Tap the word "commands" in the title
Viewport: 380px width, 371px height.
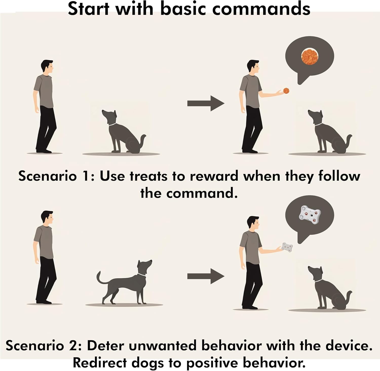[261, 9]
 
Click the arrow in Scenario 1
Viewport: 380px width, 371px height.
[206, 103]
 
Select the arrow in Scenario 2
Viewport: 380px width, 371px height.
[206, 276]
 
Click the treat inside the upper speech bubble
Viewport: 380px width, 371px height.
[310, 56]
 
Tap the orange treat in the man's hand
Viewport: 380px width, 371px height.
[286, 91]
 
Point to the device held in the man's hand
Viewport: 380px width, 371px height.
[287, 247]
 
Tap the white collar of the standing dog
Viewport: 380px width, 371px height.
[142, 275]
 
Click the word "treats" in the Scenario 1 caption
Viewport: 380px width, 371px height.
[148, 176]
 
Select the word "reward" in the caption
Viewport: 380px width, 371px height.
[214, 176]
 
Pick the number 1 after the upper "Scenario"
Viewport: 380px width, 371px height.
[87, 176]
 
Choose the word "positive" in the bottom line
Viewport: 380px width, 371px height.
[212, 363]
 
